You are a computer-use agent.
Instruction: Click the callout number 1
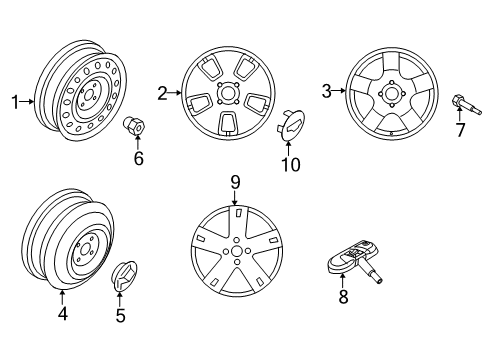[15, 101]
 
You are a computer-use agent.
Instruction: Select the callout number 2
[162, 93]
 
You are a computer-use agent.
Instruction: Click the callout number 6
[139, 157]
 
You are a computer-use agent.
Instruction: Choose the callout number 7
[460, 131]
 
